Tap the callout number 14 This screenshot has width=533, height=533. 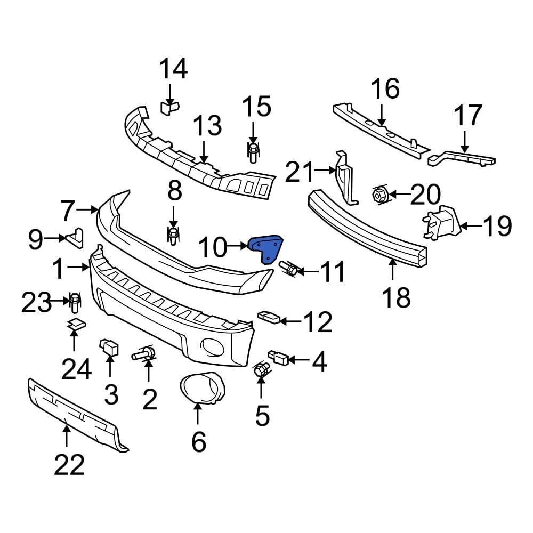coord(174,70)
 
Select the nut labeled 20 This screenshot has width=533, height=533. coord(378,195)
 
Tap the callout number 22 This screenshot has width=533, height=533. coord(69,465)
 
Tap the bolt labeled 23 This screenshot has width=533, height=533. coord(75,303)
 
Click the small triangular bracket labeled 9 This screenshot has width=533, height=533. coord(75,238)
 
